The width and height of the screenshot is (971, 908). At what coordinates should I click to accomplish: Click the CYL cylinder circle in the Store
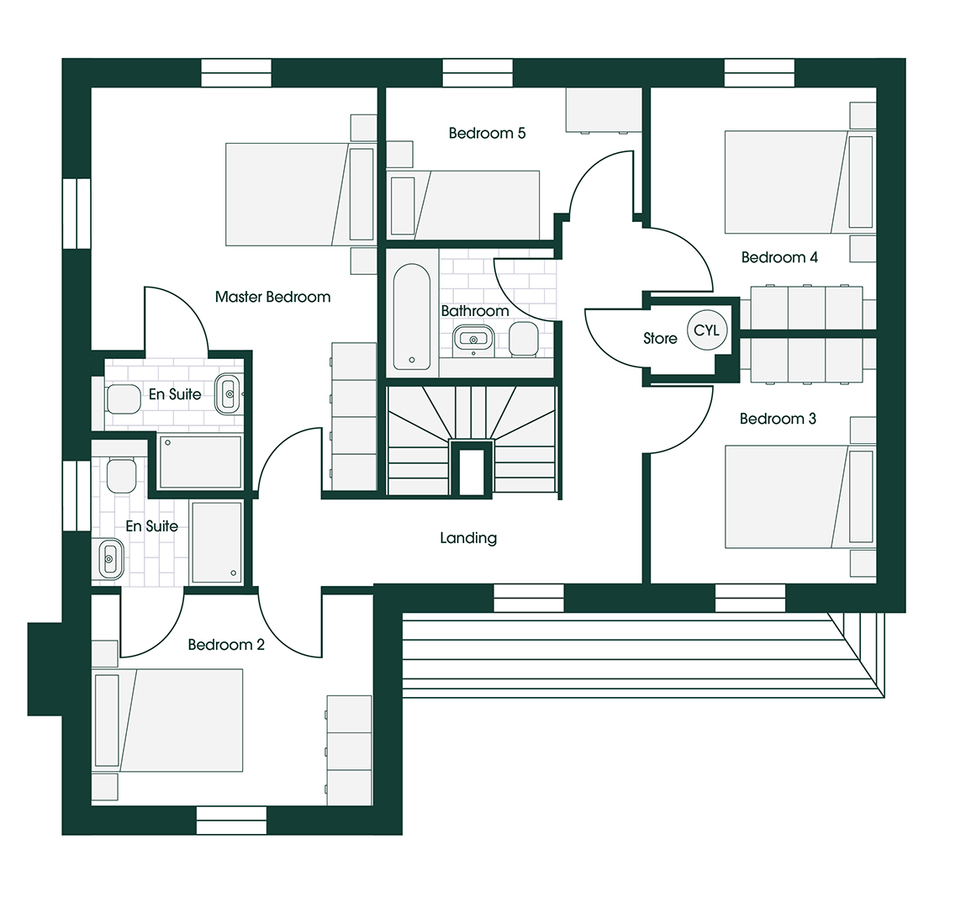[706, 330]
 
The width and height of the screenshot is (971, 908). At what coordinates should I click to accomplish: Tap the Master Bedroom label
[272, 297]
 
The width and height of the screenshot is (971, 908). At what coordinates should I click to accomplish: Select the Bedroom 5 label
[487, 133]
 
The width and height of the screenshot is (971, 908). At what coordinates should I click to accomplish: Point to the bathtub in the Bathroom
[412, 317]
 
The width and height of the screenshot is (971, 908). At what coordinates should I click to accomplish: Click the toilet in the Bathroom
[524, 339]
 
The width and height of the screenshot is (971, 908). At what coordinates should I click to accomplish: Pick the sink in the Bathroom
[474, 340]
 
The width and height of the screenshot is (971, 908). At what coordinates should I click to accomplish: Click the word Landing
[468, 537]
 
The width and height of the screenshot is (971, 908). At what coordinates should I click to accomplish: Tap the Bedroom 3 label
[778, 419]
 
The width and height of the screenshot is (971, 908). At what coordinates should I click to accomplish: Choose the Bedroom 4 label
[779, 257]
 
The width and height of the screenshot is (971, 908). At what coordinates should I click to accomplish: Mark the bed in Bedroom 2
[167, 720]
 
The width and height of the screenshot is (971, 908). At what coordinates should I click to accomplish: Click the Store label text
[660, 338]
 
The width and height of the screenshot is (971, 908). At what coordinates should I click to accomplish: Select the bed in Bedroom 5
[463, 205]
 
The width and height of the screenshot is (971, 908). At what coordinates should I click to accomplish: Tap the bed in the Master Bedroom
[301, 194]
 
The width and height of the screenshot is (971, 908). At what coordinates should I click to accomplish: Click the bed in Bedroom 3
[800, 497]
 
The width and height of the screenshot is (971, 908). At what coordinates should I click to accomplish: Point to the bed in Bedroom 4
[800, 182]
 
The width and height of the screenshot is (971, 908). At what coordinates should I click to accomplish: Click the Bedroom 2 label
[226, 645]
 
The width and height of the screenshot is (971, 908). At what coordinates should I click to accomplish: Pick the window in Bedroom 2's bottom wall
[231, 820]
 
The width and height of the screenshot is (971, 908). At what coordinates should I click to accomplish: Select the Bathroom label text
[475, 310]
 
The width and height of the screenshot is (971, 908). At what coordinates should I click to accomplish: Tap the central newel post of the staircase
[472, 467]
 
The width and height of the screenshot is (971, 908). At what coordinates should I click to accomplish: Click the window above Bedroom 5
[478, 73]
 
